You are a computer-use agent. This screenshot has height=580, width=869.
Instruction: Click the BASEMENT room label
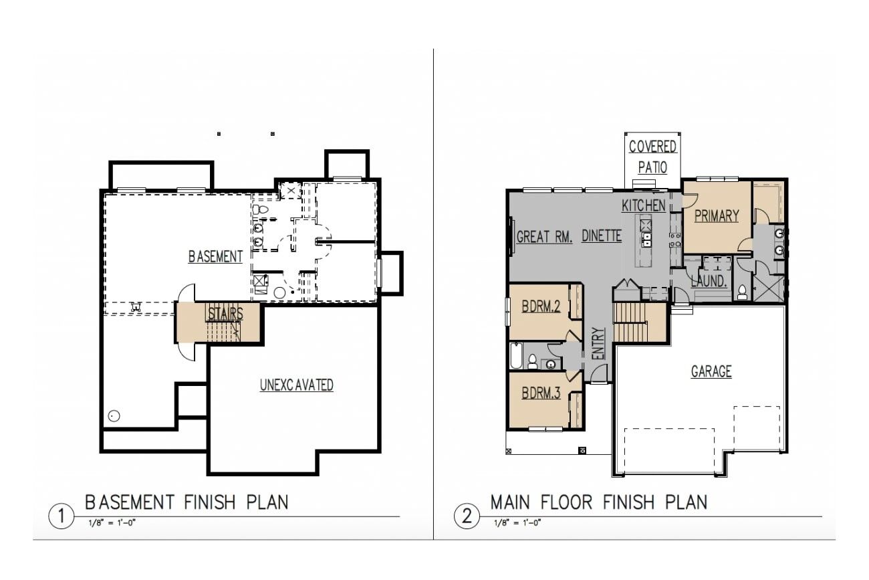click(215, 257)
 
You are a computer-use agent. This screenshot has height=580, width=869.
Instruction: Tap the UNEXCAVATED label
click(296, 385)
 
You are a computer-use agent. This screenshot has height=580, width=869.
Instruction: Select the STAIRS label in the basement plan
click(225, 314)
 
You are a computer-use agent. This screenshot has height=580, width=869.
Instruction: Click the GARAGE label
click(711, 371)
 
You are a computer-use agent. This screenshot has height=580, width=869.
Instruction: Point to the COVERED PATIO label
click(652, 157)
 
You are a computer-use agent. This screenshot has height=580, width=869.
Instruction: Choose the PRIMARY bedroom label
click(716, 216)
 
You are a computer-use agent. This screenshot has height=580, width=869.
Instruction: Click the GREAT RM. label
click(545, 237)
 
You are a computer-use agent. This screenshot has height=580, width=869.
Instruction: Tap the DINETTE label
click(602, 236)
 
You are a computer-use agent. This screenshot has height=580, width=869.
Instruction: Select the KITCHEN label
click(644, 205)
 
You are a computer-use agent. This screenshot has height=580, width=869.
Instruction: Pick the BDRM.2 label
click(540, 307)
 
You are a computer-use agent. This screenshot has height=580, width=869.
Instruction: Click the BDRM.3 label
click(540, 393)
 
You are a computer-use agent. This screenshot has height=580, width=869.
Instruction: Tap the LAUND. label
click(709, 282)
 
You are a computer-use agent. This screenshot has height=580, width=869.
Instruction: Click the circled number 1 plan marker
click(61, 516)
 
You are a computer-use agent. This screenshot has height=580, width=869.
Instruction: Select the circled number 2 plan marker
click(466, 516)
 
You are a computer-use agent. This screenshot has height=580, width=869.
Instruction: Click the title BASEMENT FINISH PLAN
click(187, 502)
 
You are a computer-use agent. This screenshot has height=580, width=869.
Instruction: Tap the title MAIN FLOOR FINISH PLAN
click(598, 502)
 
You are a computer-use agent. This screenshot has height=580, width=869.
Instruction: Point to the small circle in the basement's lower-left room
click(114, 416)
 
